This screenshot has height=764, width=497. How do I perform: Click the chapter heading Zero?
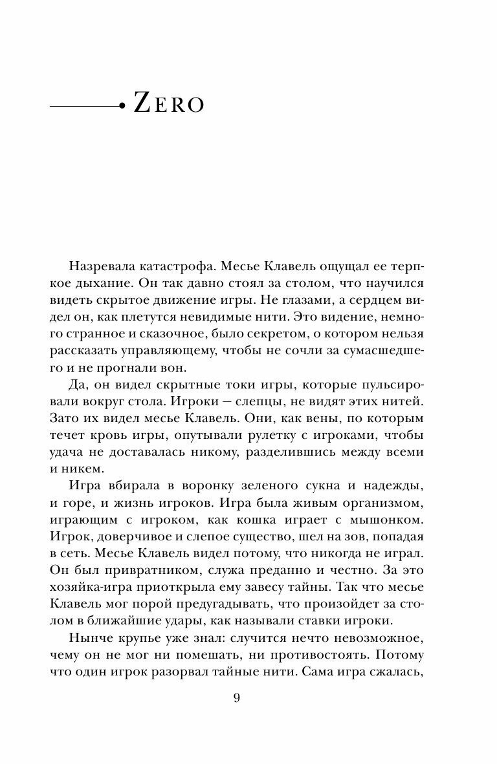click(x=168, y=104)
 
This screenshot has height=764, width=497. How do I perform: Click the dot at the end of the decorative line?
click(x=121, y=104)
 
